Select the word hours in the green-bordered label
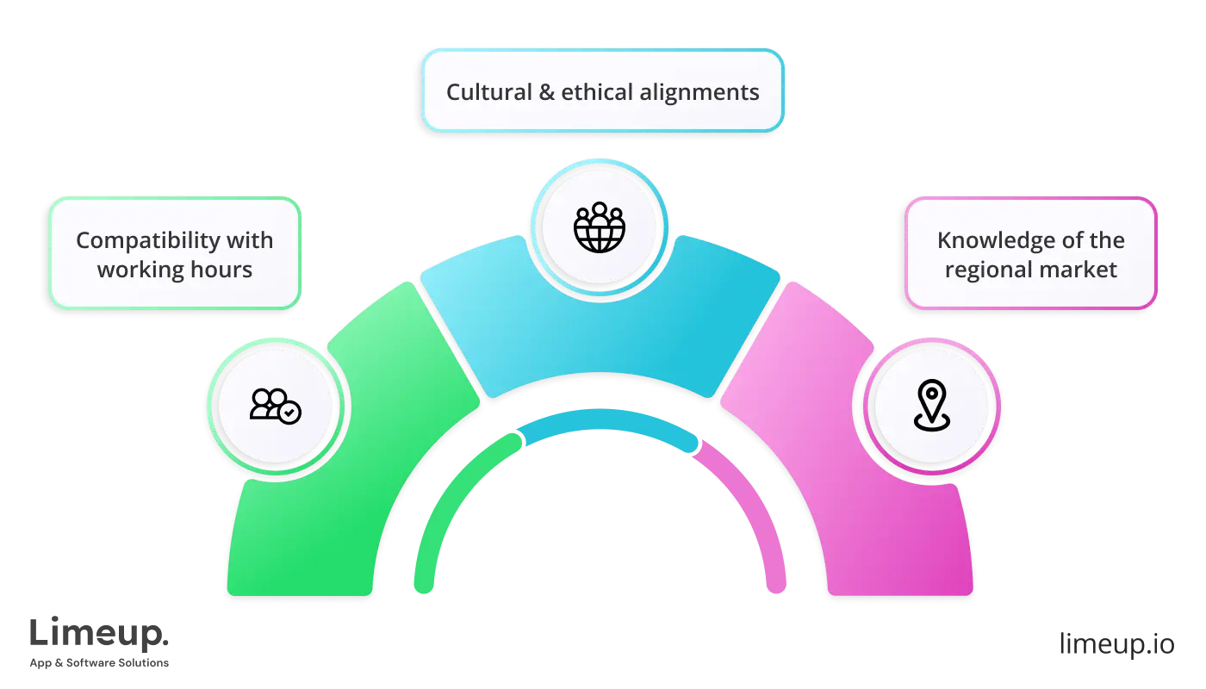click(x=222, y=270)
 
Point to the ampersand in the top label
click(x=546, y=92)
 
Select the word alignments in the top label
click(x=706, y=92)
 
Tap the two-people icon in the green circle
click(x=269, y=403)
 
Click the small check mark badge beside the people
click(x=291, y=413)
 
